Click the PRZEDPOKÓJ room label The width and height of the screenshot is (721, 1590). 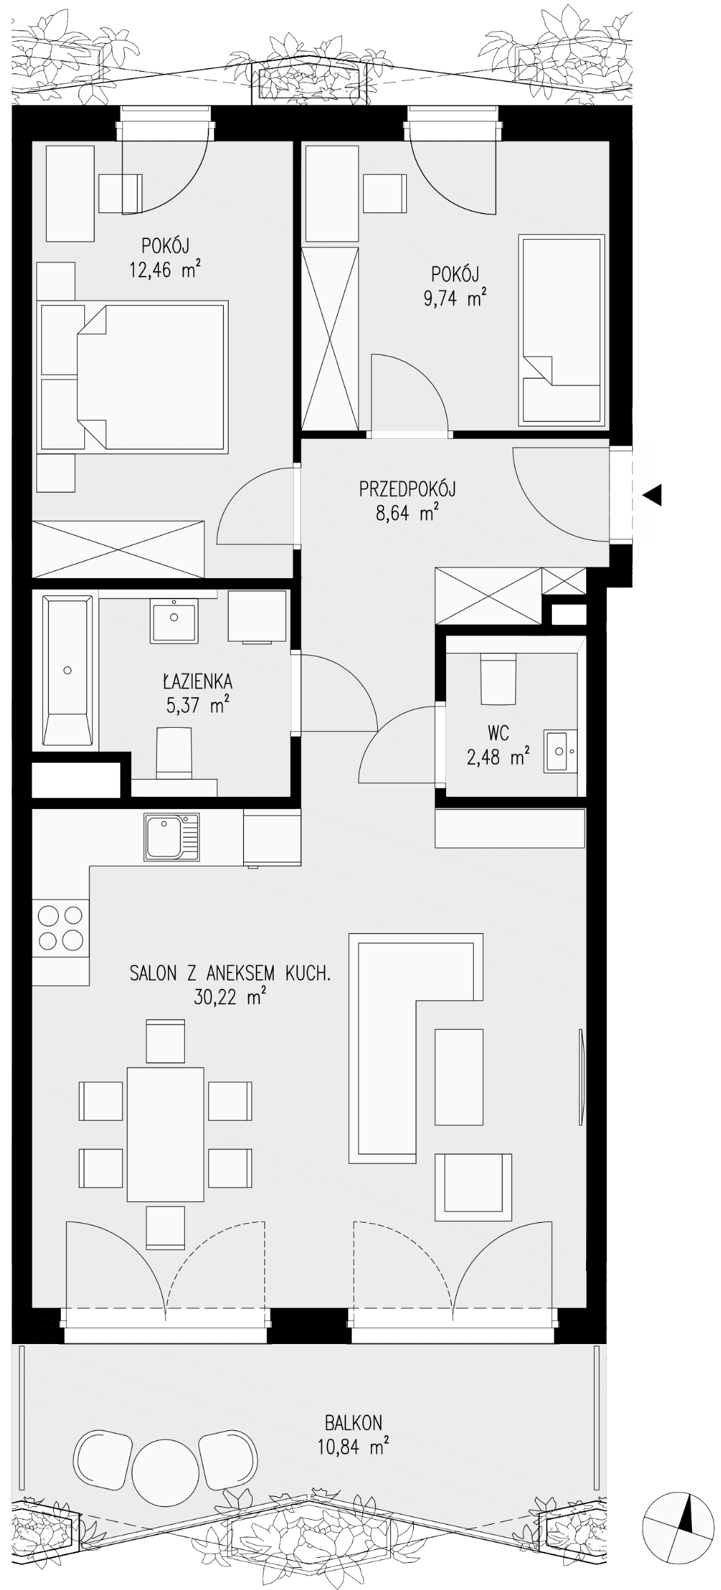pos(407,489)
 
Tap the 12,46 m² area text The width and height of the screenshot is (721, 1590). pos(165,270)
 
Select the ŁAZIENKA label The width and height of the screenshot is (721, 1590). pos(198,682)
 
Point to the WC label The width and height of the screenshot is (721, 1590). pos(499,733)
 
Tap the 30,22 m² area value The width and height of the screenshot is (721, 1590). pos(229,997)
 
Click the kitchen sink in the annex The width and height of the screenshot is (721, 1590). pos(172,837)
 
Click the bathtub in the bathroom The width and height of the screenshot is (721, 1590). pos(67,670)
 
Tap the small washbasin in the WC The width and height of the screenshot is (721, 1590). pos(561,751)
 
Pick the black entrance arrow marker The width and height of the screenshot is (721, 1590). pos(652,494)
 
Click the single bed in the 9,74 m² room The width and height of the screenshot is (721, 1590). pos(561,330)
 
